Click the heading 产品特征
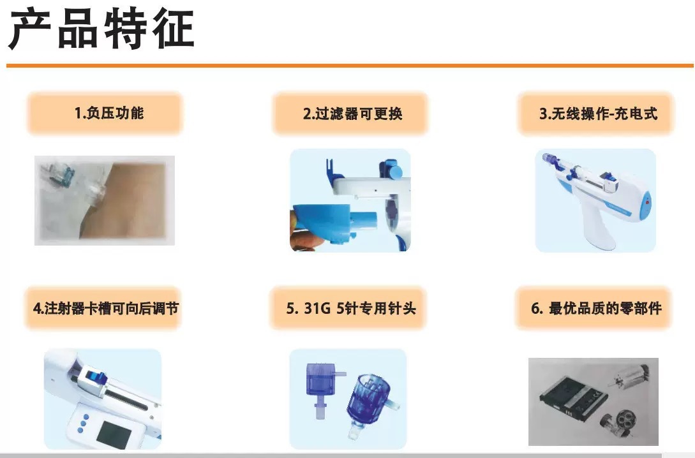tap(101, 30)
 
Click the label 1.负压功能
tap(109, 113)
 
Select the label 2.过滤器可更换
tap(353, 114)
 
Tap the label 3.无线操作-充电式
tap(598, 114)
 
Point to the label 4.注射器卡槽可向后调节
tap(106, 308)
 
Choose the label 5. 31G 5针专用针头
tap(351, 308)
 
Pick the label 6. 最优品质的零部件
tap(596, 308)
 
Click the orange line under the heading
tap(350, 66)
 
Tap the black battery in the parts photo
tap(569, 401)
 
